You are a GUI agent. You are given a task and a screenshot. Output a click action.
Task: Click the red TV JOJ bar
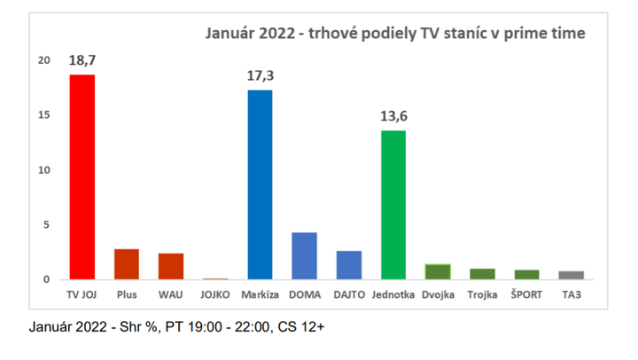pos(82,177)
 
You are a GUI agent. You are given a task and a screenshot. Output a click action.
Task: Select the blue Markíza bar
pos(260,184)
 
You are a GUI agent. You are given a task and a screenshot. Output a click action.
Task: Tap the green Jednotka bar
pos(393,205)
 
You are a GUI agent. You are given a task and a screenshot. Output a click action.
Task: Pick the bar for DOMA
pos(304,256)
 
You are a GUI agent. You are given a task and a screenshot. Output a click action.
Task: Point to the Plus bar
pos(126,264)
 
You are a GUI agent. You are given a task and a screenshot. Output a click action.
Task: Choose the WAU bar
pos(170,266)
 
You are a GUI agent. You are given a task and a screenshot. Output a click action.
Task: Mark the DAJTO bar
pos(348,265)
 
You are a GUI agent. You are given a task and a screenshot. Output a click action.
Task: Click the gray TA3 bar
pos(571,275)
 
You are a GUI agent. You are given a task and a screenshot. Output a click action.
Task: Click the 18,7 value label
pos(82,61)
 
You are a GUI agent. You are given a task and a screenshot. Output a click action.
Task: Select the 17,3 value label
pos(260,77)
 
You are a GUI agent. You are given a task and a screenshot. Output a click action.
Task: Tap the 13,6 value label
pos(393,117)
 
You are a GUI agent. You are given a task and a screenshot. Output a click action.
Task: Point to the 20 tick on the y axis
pos(45,60)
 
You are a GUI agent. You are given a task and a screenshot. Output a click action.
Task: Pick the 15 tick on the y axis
pos(45,115)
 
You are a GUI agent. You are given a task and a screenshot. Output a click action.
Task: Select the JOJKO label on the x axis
pos(214,292)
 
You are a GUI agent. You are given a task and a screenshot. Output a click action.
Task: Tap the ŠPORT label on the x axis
pos(526,292)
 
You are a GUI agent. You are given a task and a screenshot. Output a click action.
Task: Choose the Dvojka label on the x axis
pos(437,292)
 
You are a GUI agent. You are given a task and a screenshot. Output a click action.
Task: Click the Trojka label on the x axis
pos(482,292)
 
